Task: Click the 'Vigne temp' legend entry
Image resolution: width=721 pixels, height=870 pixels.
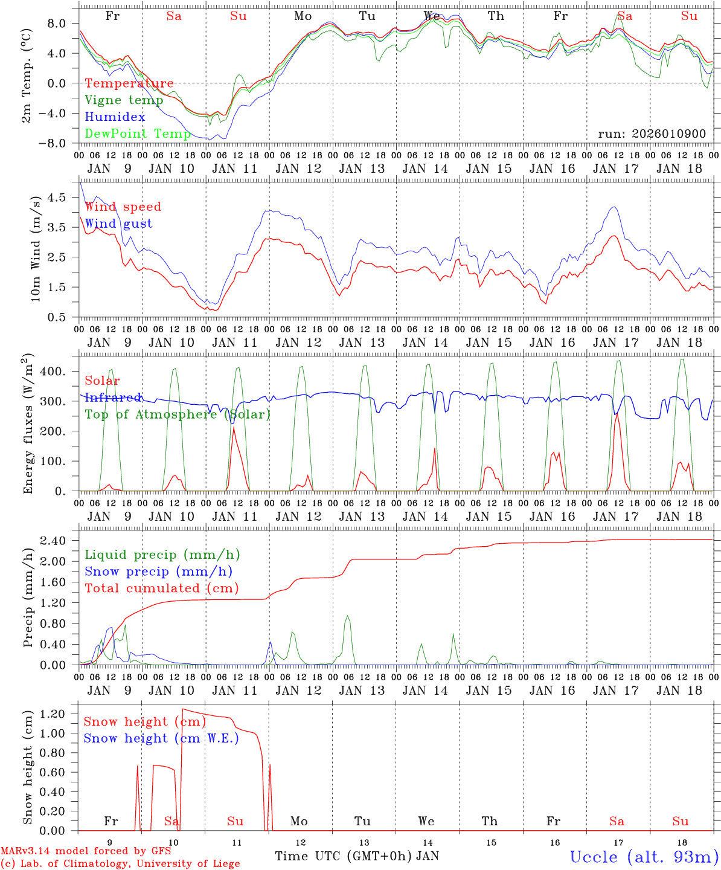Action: point(124,100)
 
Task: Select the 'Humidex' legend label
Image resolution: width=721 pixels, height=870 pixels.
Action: point(115,117)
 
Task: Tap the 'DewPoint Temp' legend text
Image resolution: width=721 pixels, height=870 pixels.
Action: point(138,134)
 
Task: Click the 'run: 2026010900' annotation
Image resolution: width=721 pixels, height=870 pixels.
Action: point(652,134)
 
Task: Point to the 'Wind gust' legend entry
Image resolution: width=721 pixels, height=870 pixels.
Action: point(118,224)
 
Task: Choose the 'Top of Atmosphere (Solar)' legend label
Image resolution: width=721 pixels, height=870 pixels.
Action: point(178,414)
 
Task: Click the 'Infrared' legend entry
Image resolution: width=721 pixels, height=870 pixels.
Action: point(113,398)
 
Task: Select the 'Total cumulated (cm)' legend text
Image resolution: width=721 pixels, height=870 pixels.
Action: point(161,588)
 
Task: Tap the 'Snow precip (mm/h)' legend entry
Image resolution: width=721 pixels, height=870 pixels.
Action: point(158,572)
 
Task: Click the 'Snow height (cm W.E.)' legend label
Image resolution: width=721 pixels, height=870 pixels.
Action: point(161,738)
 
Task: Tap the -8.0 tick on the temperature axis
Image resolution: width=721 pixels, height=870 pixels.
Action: point(60,143)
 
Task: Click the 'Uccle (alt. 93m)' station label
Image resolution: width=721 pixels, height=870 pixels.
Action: point(644,857)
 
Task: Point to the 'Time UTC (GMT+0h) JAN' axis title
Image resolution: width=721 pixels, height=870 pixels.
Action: point(357,856)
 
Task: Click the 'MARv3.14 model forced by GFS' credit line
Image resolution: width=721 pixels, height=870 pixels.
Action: point(86,851)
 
